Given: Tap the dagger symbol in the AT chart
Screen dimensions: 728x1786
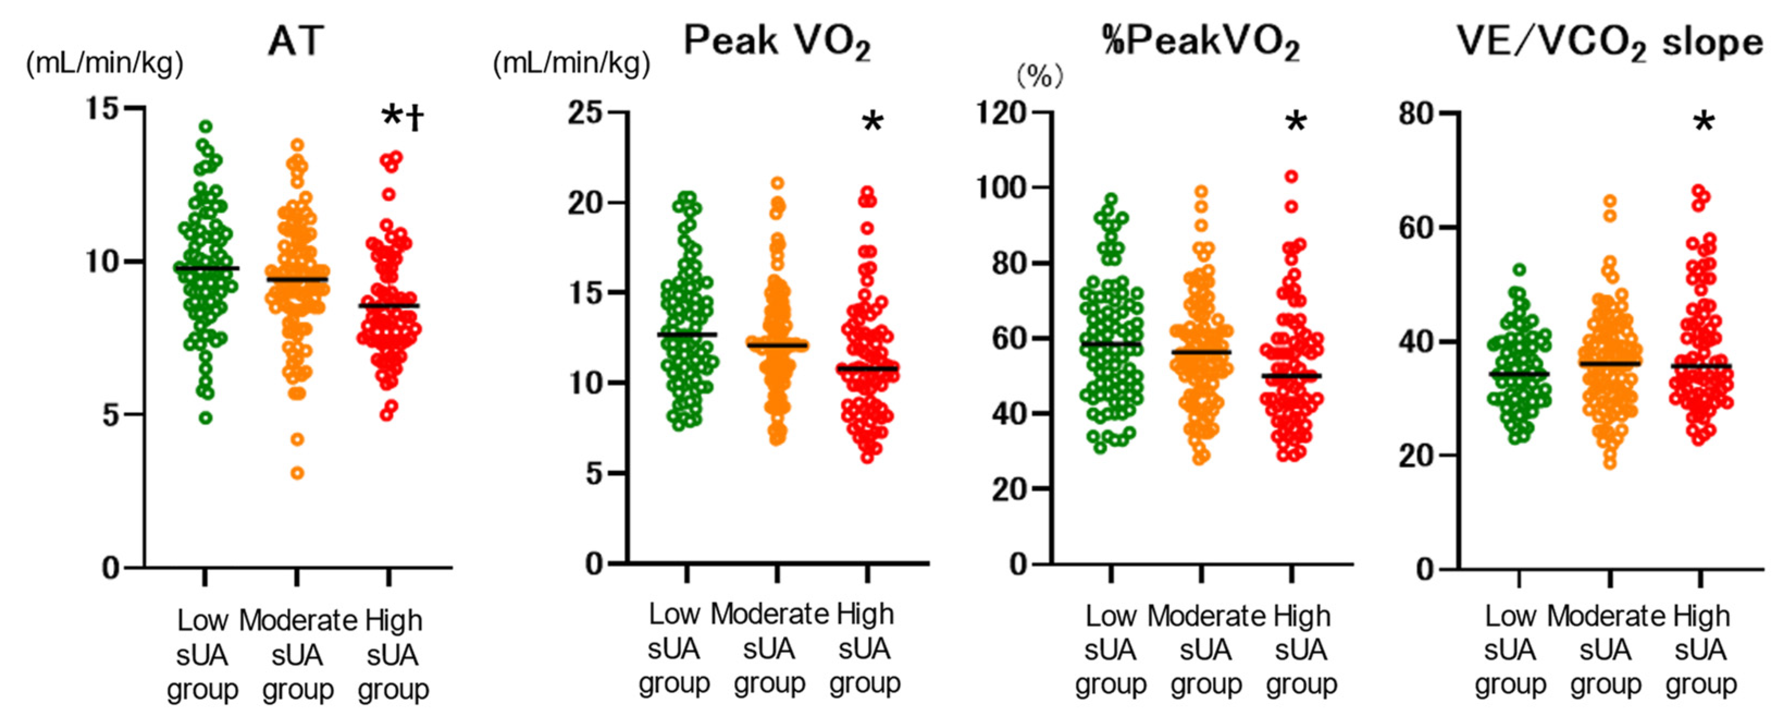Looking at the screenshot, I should [x=416, y=119].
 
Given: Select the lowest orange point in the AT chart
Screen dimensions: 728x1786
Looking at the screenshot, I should [x=297, y=474].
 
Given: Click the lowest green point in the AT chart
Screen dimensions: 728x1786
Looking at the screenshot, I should [x=206, y=418].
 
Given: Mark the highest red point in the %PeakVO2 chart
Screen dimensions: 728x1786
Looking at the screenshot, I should [x=1291, y=177].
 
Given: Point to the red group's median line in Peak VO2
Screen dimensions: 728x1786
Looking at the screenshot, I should [x=867, y=368].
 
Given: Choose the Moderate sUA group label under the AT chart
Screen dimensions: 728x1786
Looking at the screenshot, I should [x=297, y=655].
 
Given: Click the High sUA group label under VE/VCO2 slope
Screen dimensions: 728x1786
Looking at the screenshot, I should [x=1701, y=650].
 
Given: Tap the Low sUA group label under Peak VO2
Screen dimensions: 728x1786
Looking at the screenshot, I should [x=674, y=648].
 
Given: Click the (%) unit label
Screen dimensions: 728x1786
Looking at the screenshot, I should [x=1039, y=76].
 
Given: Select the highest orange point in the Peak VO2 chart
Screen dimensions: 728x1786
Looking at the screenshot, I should [x=777, y=184].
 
